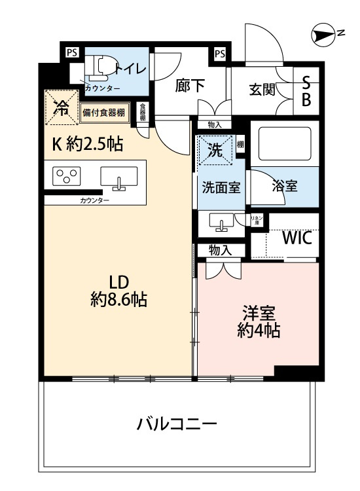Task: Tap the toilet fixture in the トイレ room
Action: (x=102, y=66)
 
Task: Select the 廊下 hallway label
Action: (x=189, y=86)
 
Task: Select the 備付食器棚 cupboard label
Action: (x=104, y=112)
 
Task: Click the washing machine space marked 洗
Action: (x=214, y=149)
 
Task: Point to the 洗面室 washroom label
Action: (x=219, y=187)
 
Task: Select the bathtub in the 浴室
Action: (x=286, y=139)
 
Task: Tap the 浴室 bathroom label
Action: (x=284, y=187)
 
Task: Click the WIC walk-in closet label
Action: (x=297, y=238)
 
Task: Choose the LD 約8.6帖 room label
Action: (x=118, y=291)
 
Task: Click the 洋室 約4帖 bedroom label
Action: (x=259, y=321)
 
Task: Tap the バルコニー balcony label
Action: (x=177, y=424)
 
